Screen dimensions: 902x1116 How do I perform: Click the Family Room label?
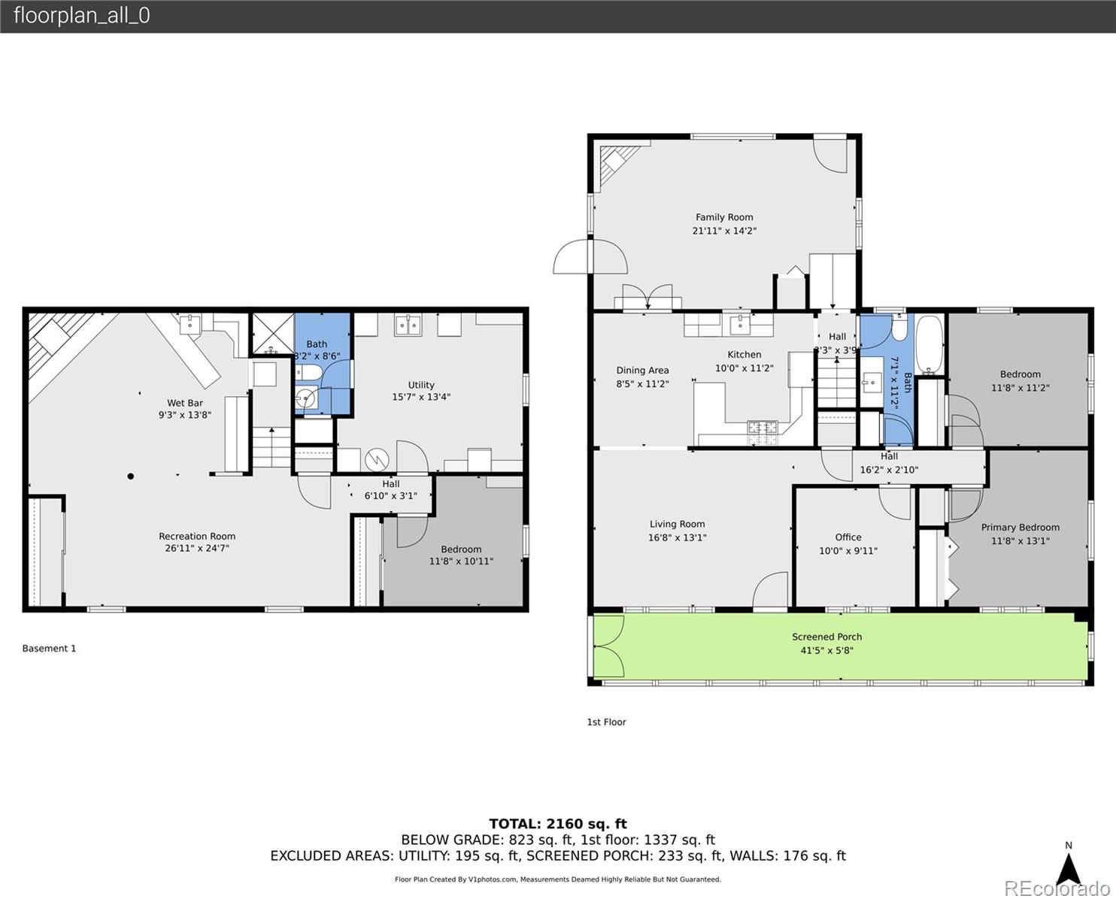(x=723, y=217)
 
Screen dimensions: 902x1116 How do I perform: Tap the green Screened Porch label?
(x=826, y=637)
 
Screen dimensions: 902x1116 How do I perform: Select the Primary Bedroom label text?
(x=1020, y=528)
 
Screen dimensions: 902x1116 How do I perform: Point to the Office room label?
(x=848, y=537)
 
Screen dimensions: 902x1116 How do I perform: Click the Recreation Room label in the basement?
(x=197, y=537)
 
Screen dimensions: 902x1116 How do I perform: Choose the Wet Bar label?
(x=185, y=403)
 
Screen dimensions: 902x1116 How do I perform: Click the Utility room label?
(x=421, y=385)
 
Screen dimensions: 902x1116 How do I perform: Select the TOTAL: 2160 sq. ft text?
(x=557, y=824)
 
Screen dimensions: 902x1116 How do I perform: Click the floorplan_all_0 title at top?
(x=81, y=16)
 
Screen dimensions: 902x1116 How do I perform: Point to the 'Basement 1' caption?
(x=49, y=649)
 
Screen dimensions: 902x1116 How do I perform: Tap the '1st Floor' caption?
(x=606, y=722)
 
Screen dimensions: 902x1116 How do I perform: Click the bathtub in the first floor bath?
(x=929, y=345)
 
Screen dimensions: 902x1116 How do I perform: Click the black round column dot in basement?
(x=131, y=476)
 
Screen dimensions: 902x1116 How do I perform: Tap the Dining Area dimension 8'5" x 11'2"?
(x=642, y=384)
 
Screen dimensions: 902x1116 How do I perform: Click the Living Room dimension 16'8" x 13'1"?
(x=677, y=538)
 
